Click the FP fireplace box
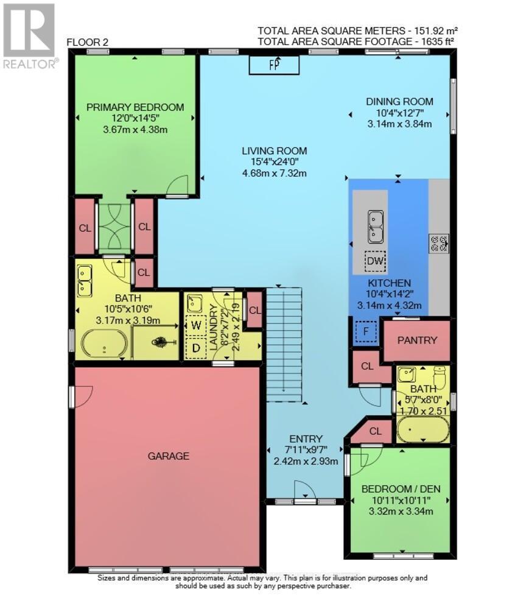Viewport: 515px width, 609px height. pyautogui.click(x=274, y=65)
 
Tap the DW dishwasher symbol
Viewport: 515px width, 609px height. pyautogui.click(x=375, y=262)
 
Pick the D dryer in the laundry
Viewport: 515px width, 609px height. pyautogui.click(x=196, y=348)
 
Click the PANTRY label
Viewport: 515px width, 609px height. pyautogui.click(x=417, y=340)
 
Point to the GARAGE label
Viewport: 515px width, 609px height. pyautogui.click(x=168, y=456)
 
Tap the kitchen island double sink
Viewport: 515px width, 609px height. pyautogui.click(x=374, y=226)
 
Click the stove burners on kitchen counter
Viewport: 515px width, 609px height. pyautogui.click(x=439, y=244)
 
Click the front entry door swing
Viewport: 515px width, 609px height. pyautogui.click(x=303, y=490)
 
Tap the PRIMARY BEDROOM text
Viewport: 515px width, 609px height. pyautogui.click(x=135, y=107)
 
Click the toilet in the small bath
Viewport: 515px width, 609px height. pyautogui.click(x=440, y=373)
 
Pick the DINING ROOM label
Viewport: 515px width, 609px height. pyautogui.click(x=399, y=102)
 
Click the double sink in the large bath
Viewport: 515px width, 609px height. pyautogui.click(x=85, y=278)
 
